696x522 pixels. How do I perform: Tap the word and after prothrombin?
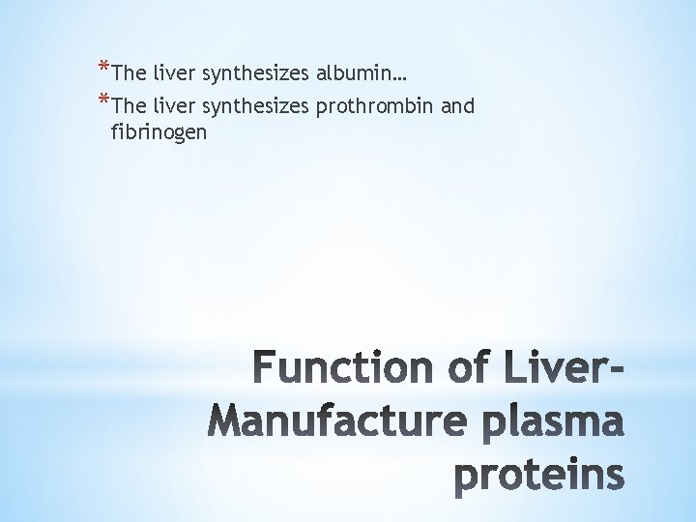[457, 107]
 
